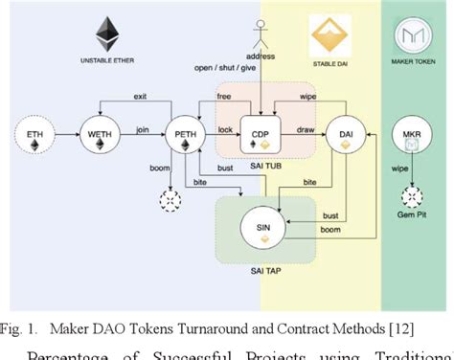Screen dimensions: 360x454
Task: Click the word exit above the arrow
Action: (141, 97)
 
